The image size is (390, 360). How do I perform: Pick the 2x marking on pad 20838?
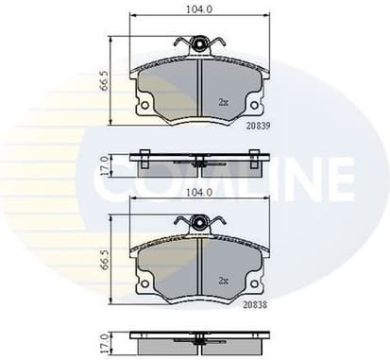[222, 281]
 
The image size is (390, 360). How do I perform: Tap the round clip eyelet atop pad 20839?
[199, 44]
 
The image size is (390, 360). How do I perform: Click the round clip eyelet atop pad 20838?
[199, 223]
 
